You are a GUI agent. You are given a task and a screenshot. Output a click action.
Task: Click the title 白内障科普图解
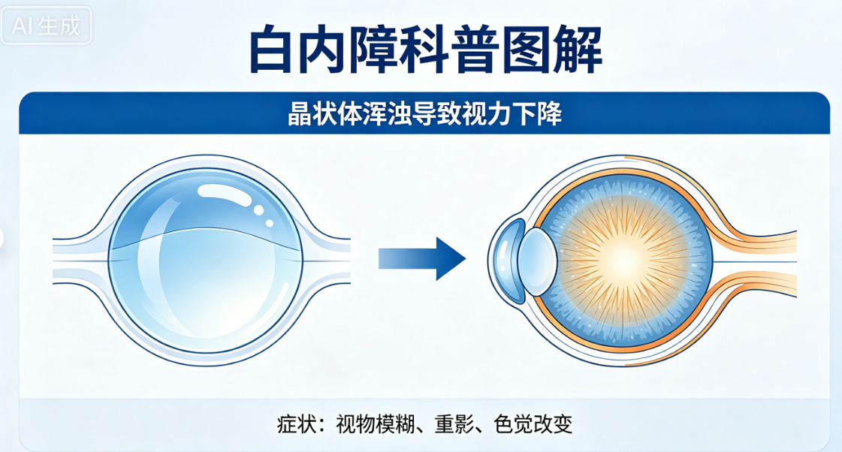point(424,50)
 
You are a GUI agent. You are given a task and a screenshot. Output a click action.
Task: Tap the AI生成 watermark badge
point(47,26)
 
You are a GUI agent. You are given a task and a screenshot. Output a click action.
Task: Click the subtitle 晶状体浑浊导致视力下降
point(424,116)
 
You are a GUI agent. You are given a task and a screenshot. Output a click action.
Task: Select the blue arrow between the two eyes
point(422,259)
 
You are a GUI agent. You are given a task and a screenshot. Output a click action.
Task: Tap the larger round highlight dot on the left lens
point(258,209)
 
